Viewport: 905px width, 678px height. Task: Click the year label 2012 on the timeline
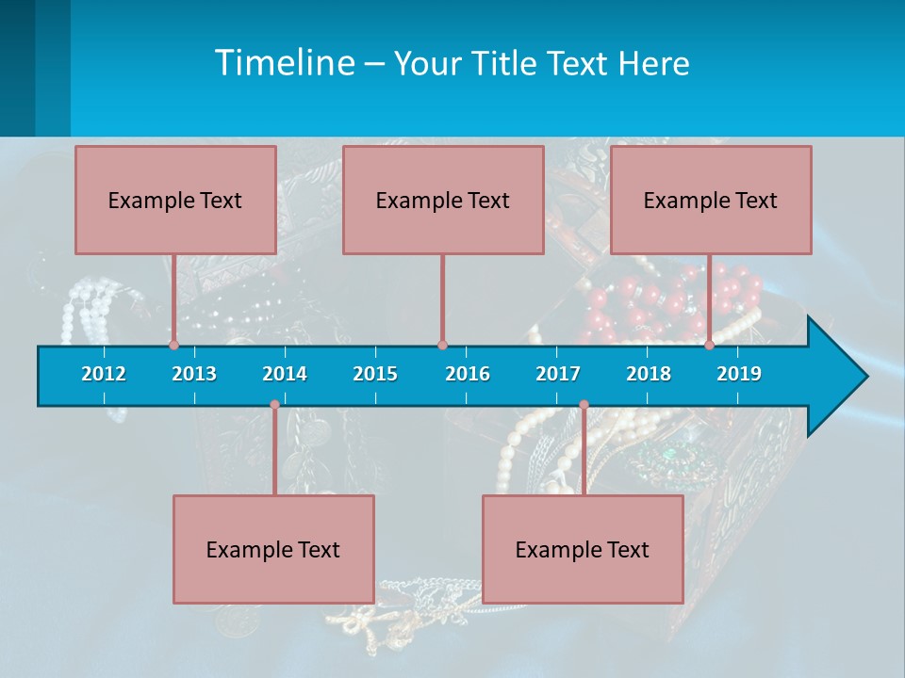pyautogui.click(x=104, y=374)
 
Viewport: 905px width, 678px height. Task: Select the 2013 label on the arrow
pyautogui.click(x=194, y=374)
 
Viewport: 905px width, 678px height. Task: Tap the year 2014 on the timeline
pyautogui.click(x=285, y=374)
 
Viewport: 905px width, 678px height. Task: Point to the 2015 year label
pyautogui.click(x=375, y=374)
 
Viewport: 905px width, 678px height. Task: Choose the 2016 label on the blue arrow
pyautogui.click(x=468, y=374)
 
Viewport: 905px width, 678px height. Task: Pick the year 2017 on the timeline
pyautogui.click(x=558, y=374)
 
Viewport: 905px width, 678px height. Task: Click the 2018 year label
pyautogui.click(x=649, y=374)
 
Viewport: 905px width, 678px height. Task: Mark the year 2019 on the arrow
pyautogui.click(x=739, y=374)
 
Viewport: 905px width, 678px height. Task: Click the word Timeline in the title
pyautogui.click(x=283, y=63)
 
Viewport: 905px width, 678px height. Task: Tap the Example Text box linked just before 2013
pyautogui.click(x=175, y=200)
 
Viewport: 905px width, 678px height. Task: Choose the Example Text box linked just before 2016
pyautogui.click(x=443, y=200)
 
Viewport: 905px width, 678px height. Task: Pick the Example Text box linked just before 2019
pyautogui.click(x=711, y=200)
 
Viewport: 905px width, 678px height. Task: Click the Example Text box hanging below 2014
pyautogui.click(x=273, y=549)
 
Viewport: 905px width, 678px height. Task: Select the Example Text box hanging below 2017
pyautogui.click(x=583, y=549)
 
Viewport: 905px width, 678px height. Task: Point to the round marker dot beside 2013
pyautogui.click(x=173, y=345)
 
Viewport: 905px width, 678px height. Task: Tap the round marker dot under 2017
pyautogui.click(x=584, y=405)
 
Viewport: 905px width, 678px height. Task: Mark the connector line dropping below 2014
pyautogui.click(x=274, y=452)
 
